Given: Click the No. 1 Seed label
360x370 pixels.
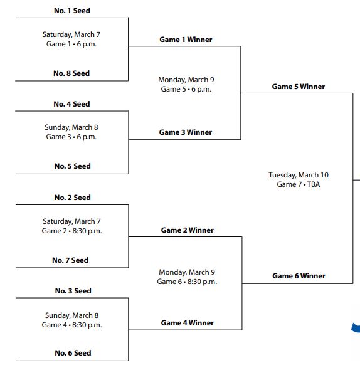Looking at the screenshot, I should [x=71, y=11].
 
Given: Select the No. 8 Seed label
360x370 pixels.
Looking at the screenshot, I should [x=71, y=73].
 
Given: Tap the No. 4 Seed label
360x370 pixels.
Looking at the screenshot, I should [x=71, y=104].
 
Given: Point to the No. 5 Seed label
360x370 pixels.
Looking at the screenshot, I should [x=72, y=166].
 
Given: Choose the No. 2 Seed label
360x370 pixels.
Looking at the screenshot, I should [x=72, y=198].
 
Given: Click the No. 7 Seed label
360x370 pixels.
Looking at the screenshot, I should [x=70, y=260].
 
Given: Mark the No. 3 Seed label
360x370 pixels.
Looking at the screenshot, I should [x=72, y=291].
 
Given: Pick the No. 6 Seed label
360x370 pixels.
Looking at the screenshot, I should [x=73, y=353].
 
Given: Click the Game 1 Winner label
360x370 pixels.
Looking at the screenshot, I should [x=186, y=40].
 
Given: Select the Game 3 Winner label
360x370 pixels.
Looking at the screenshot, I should [x=186, y=132].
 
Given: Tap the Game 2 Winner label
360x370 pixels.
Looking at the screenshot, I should [x=187, y=230].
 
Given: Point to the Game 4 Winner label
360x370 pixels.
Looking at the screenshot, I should [x=187, y=323].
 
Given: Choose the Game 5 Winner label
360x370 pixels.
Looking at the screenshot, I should [x=298, y=87].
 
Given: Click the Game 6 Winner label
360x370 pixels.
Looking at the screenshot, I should [x=299, y=276].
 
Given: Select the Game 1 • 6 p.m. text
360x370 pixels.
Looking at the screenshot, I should [x=71, y=44].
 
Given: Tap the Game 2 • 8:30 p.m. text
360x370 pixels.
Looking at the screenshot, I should [x=71, y=231].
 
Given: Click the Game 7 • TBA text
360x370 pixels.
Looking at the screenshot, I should [x=298, y=184].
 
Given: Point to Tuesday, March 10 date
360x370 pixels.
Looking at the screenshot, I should [x=298, y=175].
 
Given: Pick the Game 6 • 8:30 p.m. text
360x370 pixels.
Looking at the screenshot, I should [x=187, y=282].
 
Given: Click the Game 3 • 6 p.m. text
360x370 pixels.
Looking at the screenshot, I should [x=71, y=137].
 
